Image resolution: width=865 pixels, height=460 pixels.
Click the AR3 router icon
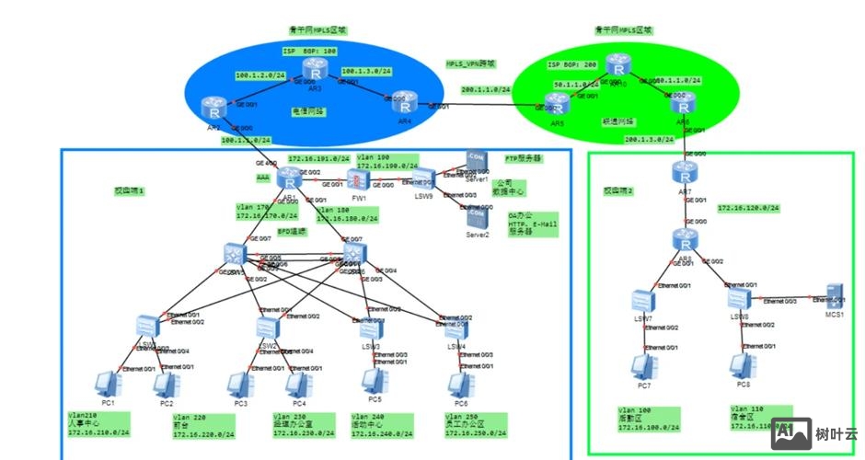tap(317, 69)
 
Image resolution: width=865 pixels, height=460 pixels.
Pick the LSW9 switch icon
tap(423, 176)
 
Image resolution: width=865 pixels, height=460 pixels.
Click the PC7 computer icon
tap(642, 365)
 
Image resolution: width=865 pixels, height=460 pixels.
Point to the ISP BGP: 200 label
tap(572, 64)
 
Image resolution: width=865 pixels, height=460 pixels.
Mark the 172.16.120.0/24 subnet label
tap(748, 209)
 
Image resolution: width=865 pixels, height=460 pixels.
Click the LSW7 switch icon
tap(643, 300)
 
